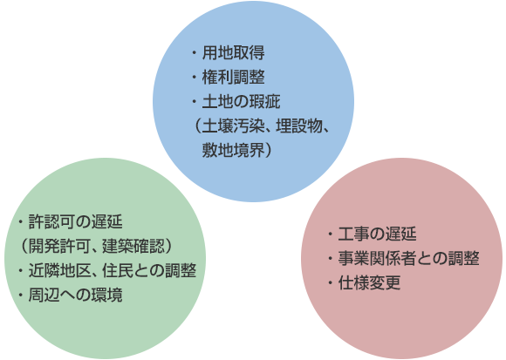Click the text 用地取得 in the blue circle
tap(233, 52)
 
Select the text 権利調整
tap(233, 77)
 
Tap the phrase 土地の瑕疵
tap(242, 101)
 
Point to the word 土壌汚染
tap(234, 126)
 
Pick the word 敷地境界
tap(233, 150)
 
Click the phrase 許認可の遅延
tap(76, 221)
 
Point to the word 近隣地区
tap(59, 270)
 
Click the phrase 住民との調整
tap(149, 270)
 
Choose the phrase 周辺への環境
tap(76, 295)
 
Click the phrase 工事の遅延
tap(377, 234)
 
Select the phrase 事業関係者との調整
tap(408, 259)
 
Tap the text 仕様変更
tap(369, 282)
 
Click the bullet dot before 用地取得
tap(195, 52)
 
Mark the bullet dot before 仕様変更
tap(330, 282)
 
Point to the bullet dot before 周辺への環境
tap(21, 295)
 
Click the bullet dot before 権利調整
tap(195, 77)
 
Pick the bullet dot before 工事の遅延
tap(330, 234)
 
